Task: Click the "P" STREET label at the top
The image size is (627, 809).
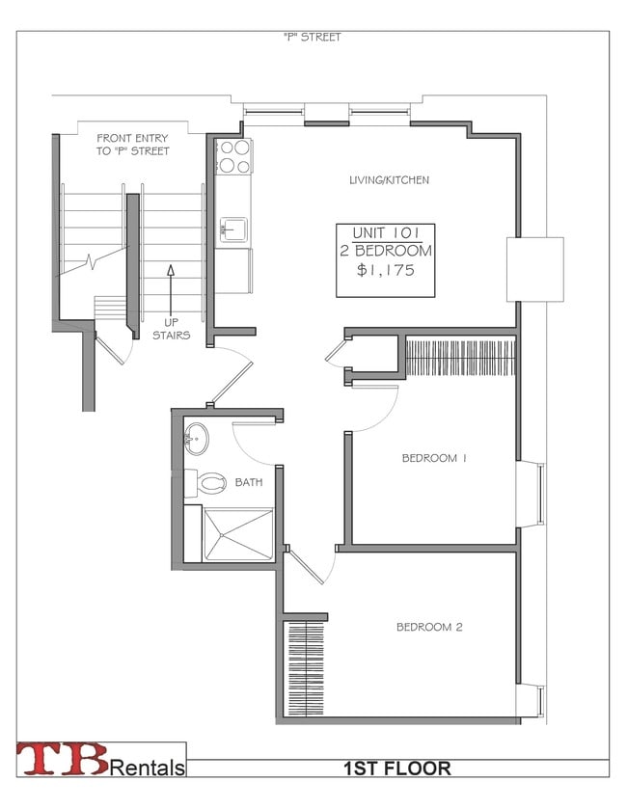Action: (313, 38)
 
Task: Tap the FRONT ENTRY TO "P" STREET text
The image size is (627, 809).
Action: (132, 145)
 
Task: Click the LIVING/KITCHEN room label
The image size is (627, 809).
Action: (389, 180)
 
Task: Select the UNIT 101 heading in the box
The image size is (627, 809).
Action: (386, 232)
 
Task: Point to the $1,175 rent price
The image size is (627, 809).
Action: (386, 270)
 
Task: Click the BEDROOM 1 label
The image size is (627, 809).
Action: (434, 458)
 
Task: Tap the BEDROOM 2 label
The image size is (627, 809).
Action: (429, 627)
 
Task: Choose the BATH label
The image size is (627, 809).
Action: (249, 482)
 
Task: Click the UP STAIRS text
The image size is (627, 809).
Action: (172, 329)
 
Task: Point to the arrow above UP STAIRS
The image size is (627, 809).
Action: (171, 289)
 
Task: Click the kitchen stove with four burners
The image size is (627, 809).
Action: (233, 156)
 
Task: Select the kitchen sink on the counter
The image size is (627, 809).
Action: (233, 229)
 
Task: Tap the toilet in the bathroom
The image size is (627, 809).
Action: (206, 483)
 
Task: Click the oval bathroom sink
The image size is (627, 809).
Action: (197, 439)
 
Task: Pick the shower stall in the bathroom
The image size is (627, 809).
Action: (238, 534)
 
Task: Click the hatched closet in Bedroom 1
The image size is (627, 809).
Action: (460, 357)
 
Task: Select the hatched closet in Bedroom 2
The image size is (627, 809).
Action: (305, 668)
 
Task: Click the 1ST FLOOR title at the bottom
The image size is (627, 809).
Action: (397, 769)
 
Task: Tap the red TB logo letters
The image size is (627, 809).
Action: (63, 759)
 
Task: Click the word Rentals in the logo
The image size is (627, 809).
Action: (148, 768)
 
